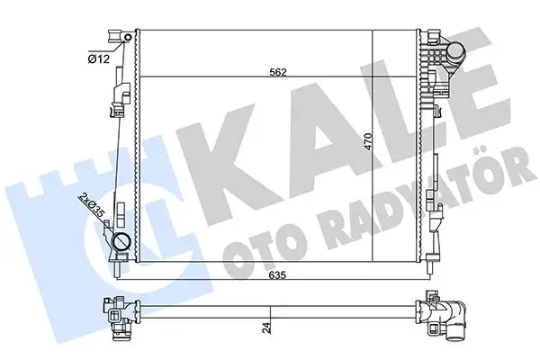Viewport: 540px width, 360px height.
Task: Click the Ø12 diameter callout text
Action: tap(99, 58)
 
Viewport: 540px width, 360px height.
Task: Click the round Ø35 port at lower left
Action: tap(120, 242)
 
